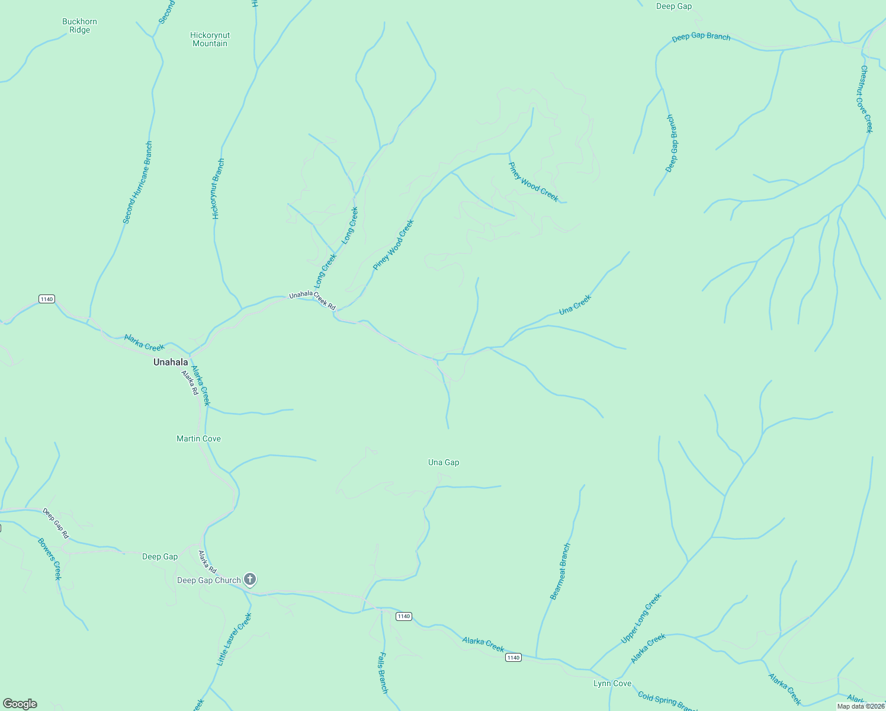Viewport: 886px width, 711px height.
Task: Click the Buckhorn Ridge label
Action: [x=79, y=25]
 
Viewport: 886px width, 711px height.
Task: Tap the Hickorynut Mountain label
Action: [x=210, y=39]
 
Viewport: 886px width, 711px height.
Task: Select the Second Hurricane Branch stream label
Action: [x=137, y=182]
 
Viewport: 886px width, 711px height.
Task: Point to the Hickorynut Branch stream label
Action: [x=218, y=189]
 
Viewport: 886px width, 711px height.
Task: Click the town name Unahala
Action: [x=171, y=362]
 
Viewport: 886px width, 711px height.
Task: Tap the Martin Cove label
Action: [x=198, y=438]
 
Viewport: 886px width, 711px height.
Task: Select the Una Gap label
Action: [x=444, y=462]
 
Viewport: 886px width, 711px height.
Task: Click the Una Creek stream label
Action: [x=574, y=305]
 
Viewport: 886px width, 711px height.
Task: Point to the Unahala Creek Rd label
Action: [x=312, y=300]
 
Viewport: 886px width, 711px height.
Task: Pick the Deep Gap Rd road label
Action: [x=56, y=523]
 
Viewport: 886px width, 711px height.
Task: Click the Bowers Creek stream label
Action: [x=49, y=559]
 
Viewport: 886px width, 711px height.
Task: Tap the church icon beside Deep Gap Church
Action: [x=250, y=579]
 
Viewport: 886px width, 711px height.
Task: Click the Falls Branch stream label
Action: [x=383, y=672]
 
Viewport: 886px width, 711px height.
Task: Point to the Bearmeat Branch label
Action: [x=560, y=571]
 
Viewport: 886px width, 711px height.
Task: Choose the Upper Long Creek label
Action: [x=640, y=619]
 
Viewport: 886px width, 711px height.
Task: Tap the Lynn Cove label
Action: [x=612, y=683]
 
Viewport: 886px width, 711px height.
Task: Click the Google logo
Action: [x=20, y=704]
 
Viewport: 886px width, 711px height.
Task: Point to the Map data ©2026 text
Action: [x=861, y=706]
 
